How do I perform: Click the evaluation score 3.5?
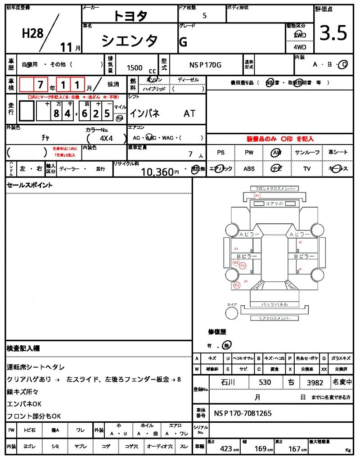pyautogui.click(x=333, y=33)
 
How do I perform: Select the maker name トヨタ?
pyautogui.click(x=130, y=15)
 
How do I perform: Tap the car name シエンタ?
pyautogui.click(x=130, y=41)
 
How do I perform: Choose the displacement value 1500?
pyautogui.click(x=135, y=68)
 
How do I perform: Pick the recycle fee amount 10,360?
pyautogui.click(x=157, y=172)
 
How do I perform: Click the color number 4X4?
pyautogui.click(x=106, y=138)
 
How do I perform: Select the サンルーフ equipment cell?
pyautogui.click(x=307, y=153)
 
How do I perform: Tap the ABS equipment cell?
pyautogui.click(x=249, y=169)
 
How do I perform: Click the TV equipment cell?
pyautogui.click(x=307, y=169)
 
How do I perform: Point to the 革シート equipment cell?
pyautogui.click(x=337, y=153)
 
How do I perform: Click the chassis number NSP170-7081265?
pyautogui.click(x=243, y=413)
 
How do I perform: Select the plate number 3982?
pyautogui.click(x=315, y=383)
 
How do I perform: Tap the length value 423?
pyautogui.click(x=226, y=449)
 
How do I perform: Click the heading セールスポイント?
pyautogui.click(x=29, y=185)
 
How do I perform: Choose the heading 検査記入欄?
pyautogui.click(x=23, y=348)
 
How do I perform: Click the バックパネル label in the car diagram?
pyautogui.click(x=274, y=305)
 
